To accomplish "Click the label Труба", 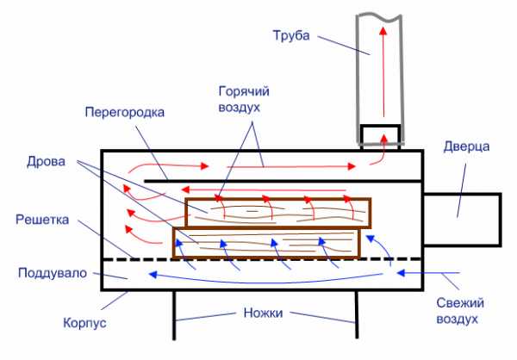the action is pos(291,35).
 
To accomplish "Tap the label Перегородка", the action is pos(125,113).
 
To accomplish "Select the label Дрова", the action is pos(47,162).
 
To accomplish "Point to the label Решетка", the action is pos(42,220).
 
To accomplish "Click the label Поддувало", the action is pos(53,273).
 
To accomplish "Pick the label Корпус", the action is pos(84,323).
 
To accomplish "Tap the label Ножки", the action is pos(264,313).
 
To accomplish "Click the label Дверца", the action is pos(466,146).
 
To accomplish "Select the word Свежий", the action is pos(460,302).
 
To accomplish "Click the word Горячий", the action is pos(244,91).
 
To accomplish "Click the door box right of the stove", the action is pos(462,220).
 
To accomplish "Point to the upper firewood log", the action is pos(278,213).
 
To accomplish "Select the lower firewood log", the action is pos(267,243).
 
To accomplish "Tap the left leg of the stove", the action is pos(174,315).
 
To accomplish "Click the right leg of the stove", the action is pos(357,314).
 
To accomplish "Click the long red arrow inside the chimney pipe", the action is pos(383,71).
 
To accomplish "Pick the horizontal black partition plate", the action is pos(283,181).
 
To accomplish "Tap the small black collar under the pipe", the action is pos(380,137).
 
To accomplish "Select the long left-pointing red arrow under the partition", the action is pos(263,189).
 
